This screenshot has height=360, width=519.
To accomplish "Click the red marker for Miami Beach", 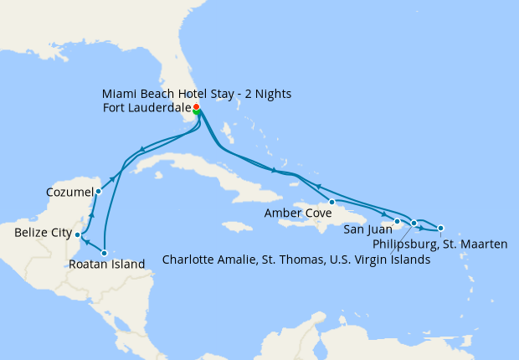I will click(196, 107).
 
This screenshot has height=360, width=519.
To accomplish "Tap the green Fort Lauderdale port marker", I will click(197, 113).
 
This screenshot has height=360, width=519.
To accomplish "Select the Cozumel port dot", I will click(98, 191).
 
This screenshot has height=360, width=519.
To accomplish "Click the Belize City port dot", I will click(78, 234).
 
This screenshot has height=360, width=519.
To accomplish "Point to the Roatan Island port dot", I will click(105, 252).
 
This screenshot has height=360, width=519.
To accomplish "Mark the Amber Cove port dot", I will click(332, 202).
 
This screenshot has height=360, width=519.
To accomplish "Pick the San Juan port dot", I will click(397, 221).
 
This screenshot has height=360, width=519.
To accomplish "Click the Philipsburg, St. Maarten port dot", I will click(441, 228).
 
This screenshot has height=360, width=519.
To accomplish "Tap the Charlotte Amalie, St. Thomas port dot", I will click(414, 223).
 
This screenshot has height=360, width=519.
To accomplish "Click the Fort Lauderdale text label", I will click(144, 108).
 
